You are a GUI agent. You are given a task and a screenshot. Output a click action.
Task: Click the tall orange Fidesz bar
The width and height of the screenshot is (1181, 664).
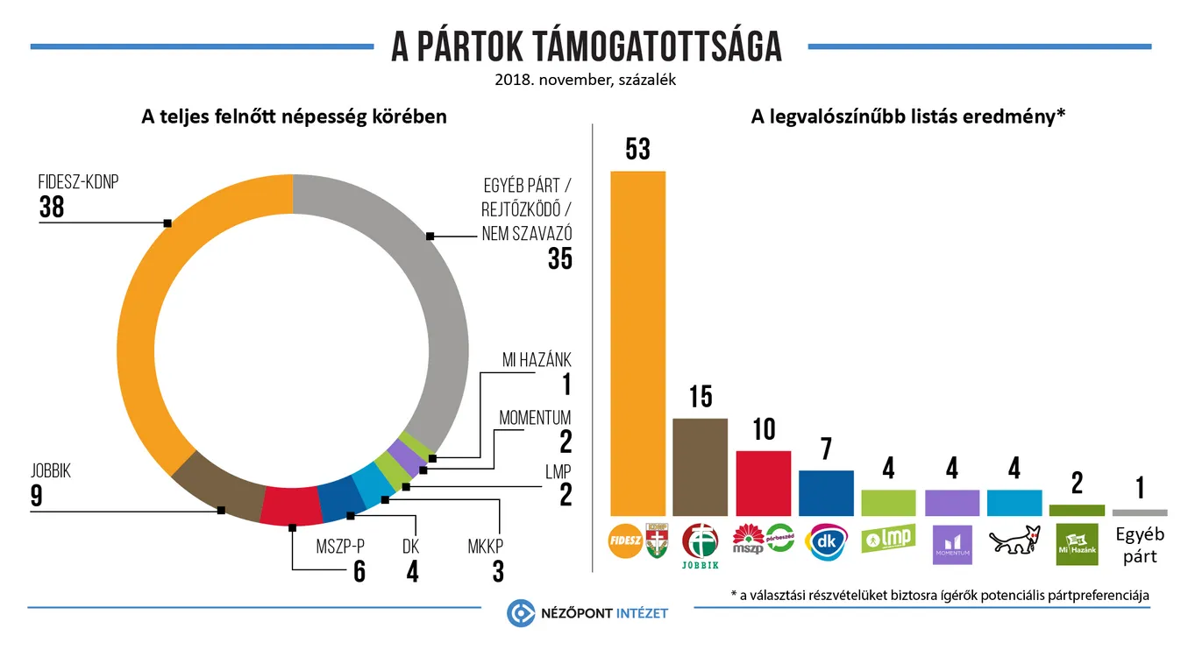pyautogui.click(x=637, y=342)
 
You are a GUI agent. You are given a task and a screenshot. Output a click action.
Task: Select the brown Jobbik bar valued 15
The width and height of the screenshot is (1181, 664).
pyautogui.click(x=700, y=467)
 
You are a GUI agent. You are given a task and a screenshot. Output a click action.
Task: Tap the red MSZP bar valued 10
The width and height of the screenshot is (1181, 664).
pyautogui.click(x=763, y=483)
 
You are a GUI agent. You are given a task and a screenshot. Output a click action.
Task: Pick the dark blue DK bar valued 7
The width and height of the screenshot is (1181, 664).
pyautogui.click(x=826, y=492)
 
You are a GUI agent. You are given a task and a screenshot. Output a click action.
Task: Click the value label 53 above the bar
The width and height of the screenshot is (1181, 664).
pyautogui.click(x=637, y=149)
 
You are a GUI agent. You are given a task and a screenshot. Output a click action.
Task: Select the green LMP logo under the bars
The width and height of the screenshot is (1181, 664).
pyautogui.click(x=888, y=538)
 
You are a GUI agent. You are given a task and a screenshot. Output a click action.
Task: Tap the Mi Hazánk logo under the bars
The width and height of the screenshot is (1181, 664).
pyautogui.click(x=1076, y=543)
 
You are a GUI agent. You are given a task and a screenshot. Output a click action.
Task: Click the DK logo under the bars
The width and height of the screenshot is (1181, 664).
pyautogui.click(x=826, y=540)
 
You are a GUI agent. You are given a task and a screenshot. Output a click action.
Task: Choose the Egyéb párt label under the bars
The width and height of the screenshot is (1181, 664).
pyautogui.click(x=1139, y=545)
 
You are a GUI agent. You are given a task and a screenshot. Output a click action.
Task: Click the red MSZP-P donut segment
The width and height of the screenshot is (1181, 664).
pyautogui.click(x=291, y=505)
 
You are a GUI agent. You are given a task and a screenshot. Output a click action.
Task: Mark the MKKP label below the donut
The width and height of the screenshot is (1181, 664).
pyautogui.click(x=487, y=547)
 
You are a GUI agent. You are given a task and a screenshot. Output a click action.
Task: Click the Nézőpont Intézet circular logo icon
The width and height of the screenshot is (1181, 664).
pyautogui.click(x=521, y=613)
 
